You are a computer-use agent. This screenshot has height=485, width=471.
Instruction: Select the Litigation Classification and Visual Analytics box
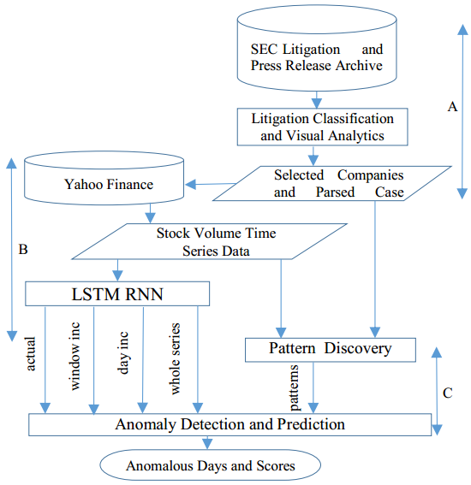tap(316, 126)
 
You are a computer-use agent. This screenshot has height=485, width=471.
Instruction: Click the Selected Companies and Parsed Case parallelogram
tap(338, 183)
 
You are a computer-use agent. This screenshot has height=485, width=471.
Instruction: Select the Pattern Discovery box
tap(330, 348)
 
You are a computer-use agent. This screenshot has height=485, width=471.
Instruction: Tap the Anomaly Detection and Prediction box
tap(230, 423)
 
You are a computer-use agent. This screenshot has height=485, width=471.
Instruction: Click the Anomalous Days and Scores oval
tap(210, 466)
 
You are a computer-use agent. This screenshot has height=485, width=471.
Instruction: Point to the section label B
tap(23, 250)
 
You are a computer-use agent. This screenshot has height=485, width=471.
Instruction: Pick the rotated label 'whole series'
tap(176, 358)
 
